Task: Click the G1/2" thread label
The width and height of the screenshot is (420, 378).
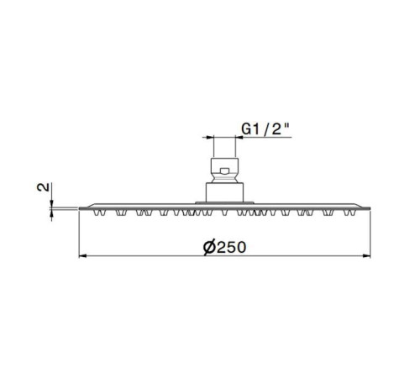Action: pyautogui.click(x=265, y=129)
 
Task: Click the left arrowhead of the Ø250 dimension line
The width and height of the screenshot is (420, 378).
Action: pyautogui.click(x=83, y=255)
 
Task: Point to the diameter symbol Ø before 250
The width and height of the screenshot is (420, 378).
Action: pyautogui.click(x=209, y=246)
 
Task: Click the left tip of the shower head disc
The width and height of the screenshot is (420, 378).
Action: pyautogui.click(x=81, y=207)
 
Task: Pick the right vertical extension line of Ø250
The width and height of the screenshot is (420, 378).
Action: pyautogui.click(x=370, y=235)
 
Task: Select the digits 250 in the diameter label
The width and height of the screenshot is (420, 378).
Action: pyautogui.click(x=232, y=246)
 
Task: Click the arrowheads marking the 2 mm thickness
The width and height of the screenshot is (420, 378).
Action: pyautogui.click(x=53, y=207)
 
